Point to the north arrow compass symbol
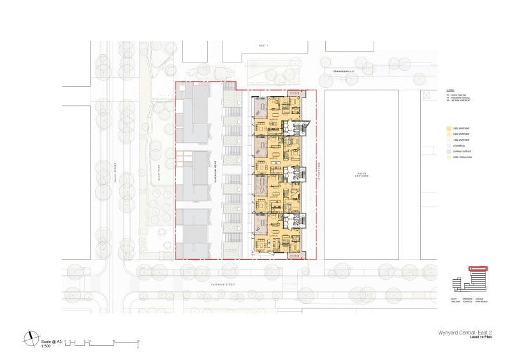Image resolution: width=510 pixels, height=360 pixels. (x=31, y=337)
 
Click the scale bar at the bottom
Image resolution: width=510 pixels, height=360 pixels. (x=102, y=342)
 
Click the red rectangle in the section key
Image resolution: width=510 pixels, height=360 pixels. (x=477, y=269)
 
